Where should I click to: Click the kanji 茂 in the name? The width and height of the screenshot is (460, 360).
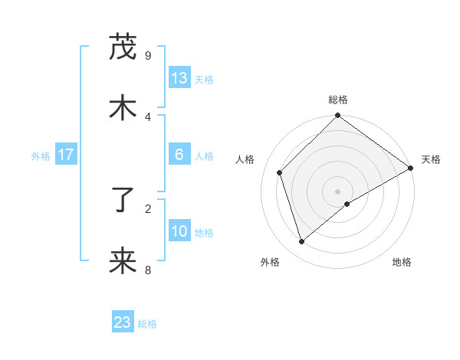tap(123, 48)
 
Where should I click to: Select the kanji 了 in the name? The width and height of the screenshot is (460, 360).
tap(123, 201)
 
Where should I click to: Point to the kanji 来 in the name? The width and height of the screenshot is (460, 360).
tap(123, 262)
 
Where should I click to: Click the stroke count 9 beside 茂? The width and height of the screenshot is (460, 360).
tap(148, 55)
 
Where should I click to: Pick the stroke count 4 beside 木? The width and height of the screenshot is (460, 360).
tap(148, 116)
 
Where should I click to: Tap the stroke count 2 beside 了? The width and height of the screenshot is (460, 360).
tap(148, 208)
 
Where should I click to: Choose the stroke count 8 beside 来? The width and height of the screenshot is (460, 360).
tap(148, 270)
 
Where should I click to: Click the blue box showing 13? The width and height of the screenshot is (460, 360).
tap(179, 78)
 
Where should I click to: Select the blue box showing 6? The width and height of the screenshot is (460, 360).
tap(179, 155)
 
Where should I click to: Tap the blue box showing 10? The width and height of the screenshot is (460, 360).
tap(179, 231)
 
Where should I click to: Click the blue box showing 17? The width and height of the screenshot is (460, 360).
tap(66, 155)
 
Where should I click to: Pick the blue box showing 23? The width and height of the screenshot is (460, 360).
tap(123, 322)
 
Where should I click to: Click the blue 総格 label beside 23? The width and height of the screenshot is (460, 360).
tap(147, 324)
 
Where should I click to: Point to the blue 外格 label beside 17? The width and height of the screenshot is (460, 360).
tap(41, 156)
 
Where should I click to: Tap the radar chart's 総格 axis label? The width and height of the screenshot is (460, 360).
tap(338, 100)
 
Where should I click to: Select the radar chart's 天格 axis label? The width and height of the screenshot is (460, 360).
tap(431, 159)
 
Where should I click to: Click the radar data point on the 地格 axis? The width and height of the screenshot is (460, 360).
tap(347, 204)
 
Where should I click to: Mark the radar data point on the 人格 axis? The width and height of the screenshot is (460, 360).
tap(280, 172)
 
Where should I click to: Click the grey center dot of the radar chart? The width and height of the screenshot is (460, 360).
tap(338, 191)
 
